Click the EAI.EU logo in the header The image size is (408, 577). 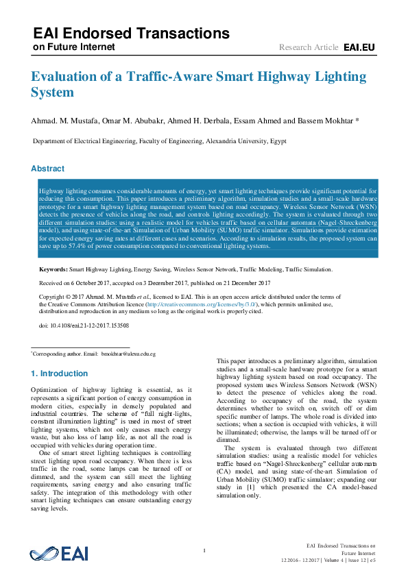[359, 47]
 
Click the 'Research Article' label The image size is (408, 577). [309, 47]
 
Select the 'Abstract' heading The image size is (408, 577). [49, 169]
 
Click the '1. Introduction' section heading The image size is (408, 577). [60, 373]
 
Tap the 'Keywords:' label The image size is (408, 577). [53, 270]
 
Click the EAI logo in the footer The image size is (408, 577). [59, 554]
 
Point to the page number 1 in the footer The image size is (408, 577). [204, 551]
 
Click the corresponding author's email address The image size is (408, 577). [128, 354]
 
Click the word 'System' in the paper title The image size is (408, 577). [51, 93]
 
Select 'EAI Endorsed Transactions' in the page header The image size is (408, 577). [131, 33]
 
